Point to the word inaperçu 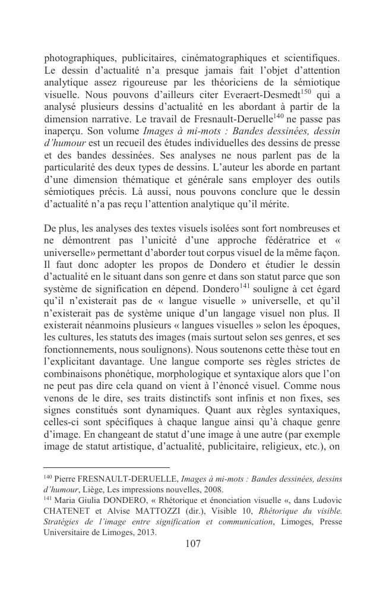(x=64, y=132)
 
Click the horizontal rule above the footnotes (x=107, y=467)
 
